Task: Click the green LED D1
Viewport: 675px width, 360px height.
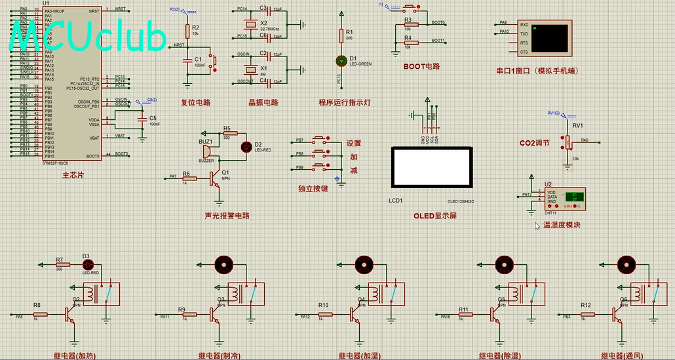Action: point(341,61)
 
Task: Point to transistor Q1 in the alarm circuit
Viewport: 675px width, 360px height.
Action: point(216,177)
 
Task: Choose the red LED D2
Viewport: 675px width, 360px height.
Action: point(246,147)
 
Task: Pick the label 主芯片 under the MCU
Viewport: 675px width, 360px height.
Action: point(73,176)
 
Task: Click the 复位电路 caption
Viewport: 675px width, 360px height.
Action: point(195,102)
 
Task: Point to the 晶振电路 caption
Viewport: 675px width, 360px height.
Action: point(263,102)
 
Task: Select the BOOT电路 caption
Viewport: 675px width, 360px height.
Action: point(421,66)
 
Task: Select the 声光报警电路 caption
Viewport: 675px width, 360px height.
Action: point(227,215)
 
